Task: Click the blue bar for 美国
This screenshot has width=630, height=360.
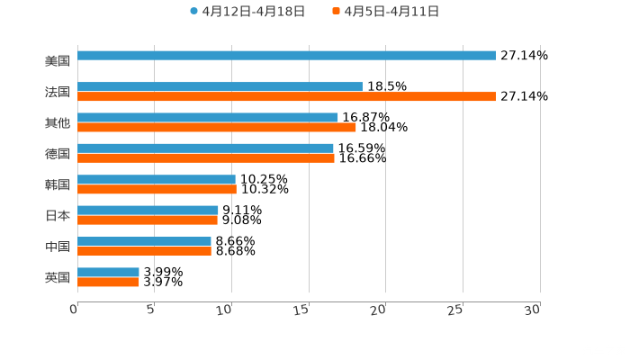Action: point(286,56)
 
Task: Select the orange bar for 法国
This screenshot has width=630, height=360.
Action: point(286,97)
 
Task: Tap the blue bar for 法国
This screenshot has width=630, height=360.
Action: point(220,87)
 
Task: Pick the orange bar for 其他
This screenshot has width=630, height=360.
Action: point(217,128)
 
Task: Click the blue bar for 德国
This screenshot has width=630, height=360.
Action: point(205,148)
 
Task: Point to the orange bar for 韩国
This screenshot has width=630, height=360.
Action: point(157,190)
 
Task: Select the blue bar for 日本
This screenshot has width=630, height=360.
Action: point(148,211)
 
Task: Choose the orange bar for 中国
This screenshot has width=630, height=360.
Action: point(144,252)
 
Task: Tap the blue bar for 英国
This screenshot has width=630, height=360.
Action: point(108,272)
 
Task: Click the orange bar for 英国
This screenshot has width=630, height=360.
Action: point(108,283)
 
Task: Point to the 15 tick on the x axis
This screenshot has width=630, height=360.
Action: point(308,310)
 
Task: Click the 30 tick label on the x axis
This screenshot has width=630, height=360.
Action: point(533,310)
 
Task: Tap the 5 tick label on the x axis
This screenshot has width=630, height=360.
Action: point(151,310)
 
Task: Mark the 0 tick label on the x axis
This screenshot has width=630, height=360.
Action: point(74,310)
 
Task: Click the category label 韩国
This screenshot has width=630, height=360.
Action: point(58,185)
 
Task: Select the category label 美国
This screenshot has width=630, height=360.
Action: point(58,61)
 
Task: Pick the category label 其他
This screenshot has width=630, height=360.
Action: point(58,123)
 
